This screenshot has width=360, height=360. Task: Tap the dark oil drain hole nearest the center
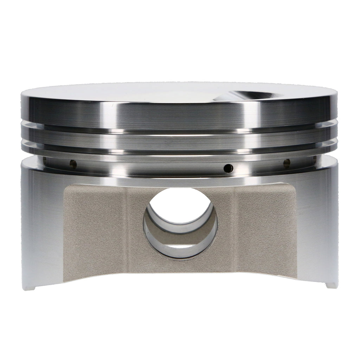click(x=229, y=168)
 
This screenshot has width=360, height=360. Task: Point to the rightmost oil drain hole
click(x=287, y=162)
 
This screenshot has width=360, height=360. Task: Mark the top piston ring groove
click(x=179, y=129)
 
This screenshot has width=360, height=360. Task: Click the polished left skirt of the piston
click(x=42, y=225)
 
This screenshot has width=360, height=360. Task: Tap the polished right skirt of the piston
click(x=316, y=225)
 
